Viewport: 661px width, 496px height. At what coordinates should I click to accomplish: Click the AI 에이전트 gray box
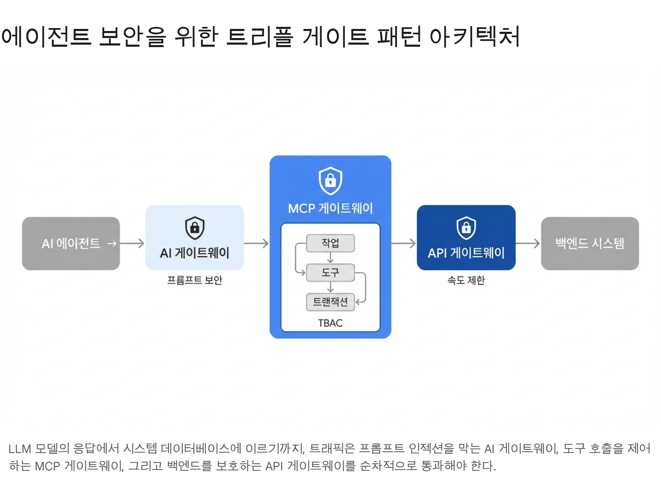(x=71, y=243)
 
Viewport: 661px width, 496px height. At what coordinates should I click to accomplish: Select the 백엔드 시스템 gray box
(x=590, y=243)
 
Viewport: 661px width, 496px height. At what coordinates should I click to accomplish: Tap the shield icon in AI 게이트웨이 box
(x=195, y=228)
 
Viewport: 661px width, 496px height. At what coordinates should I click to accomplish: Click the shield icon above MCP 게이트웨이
(x=330, y=181)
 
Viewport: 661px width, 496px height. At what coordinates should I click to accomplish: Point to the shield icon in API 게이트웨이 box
(x=466, y=228)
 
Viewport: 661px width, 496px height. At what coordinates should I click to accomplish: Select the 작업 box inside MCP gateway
(x=330, y=243)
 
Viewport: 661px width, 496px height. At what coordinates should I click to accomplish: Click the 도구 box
(x=330, y=273)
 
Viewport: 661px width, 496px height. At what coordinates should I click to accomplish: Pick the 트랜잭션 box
(x=330, y=302)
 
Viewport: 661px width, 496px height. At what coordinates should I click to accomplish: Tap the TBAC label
(x=330, y=323)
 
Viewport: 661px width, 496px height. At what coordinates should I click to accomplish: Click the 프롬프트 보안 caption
(x=195, y=280)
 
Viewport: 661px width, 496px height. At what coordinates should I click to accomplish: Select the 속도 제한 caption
(x=466, y=280)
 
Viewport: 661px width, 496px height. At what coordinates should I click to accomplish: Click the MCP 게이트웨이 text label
(x=330, y=208)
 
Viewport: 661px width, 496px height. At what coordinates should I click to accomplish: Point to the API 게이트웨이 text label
(x=466, y=253)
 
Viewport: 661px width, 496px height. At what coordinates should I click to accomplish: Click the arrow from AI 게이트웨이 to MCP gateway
(x=257, y=243)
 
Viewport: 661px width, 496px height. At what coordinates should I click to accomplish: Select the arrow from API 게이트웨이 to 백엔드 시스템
(x=528, y=243)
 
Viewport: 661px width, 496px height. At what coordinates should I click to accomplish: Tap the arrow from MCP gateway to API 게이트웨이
(x=404, y=243)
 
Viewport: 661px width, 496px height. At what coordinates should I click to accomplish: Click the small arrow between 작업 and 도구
(x=330, y=258)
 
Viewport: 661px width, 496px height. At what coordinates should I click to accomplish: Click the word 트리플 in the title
(x=259, y=36)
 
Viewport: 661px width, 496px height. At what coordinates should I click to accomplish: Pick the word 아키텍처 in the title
(x=474, y=36)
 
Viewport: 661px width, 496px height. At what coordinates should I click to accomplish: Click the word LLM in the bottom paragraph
(x=19, y=449)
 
